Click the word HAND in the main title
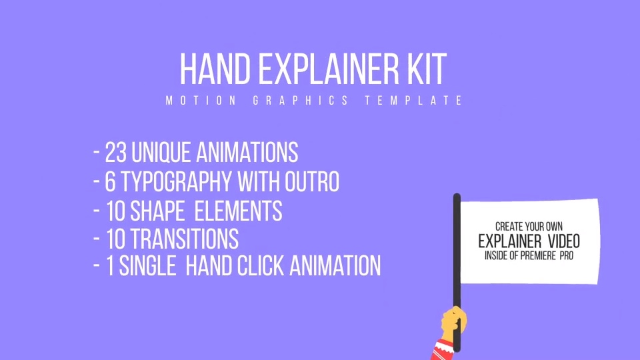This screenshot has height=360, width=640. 215,69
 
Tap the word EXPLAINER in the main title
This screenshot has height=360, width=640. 329,69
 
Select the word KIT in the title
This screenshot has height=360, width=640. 427,69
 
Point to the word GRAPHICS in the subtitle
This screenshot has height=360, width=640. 301,101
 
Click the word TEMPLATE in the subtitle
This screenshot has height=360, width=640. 414,101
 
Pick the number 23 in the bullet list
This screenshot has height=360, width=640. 116,153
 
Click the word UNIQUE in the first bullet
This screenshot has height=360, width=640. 161,153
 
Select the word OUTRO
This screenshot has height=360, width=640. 312,181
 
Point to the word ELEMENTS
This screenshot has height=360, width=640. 239,211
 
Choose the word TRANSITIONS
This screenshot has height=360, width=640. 185,239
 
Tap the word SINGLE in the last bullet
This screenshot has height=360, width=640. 147,266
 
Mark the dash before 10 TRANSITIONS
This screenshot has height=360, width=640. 97,238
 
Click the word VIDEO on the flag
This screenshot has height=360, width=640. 564,241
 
